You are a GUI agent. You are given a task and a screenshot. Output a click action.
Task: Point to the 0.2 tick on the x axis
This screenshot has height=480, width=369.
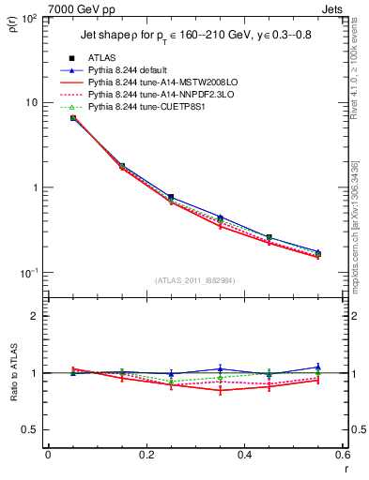146,457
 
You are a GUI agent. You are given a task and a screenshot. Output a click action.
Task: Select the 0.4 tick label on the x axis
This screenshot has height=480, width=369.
244,457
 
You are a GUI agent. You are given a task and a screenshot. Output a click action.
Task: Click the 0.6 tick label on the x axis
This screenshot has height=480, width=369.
343,457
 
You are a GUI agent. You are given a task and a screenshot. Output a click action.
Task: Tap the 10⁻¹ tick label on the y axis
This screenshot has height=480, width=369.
29,273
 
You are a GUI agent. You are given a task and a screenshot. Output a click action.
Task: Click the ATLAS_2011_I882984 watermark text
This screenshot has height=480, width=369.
194,280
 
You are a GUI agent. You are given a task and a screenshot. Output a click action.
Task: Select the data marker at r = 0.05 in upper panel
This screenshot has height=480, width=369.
72,118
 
